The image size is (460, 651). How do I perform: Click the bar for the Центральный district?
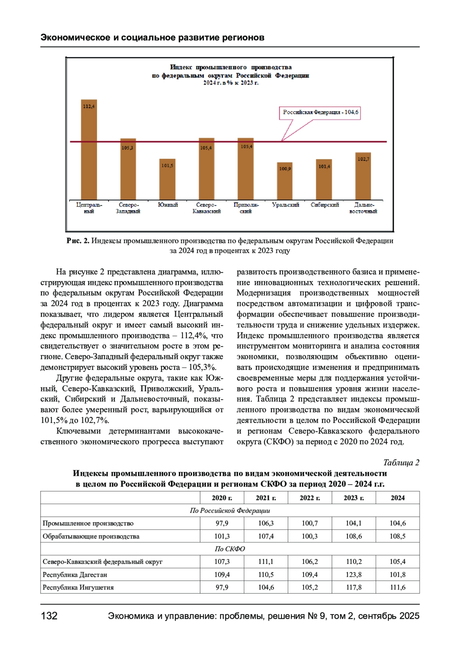[x=89, y=150]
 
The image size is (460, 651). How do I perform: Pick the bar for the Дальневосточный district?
[x=363, y=176]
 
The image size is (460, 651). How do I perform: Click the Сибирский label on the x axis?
[x=325, y=205]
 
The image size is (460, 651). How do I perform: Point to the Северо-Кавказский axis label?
[x=207, y=208]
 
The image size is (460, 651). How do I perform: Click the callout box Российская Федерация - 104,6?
[x=320, y=112]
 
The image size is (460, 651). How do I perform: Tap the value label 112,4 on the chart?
[x=89, y=106]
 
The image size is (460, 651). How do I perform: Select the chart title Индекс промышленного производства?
[x=231, y=67]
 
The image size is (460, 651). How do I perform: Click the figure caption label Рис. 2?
[x=78, y=241]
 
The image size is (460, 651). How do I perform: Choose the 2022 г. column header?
[x=310, y=498]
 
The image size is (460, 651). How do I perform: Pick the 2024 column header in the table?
[x=398, y=498]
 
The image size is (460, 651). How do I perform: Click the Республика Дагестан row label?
[x=75, y=575]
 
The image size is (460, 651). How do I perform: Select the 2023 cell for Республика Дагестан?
[x=354, y=575]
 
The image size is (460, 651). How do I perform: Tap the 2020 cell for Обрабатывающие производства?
[x=222, y=536]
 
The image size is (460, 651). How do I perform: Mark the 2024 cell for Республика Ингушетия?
[x=398, y=587]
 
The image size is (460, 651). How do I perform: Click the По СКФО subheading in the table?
[x=230, y=549]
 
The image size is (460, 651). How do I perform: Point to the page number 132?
[x=49, y=616]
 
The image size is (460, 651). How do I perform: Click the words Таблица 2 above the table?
[x=401, y=463]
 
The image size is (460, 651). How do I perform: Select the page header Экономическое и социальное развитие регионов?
[x=153, y=38]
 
